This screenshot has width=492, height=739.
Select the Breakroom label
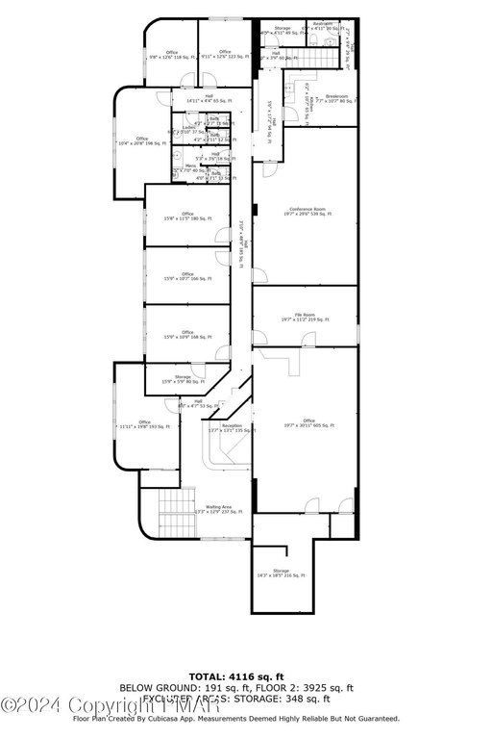point(336,98)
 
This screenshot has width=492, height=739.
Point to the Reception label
point(232,426)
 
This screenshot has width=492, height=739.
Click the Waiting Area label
point(217,508)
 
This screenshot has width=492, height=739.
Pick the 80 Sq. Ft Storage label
point(183,379)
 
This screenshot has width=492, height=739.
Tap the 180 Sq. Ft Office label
point(187,217)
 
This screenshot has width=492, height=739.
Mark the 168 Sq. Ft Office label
point(187,335)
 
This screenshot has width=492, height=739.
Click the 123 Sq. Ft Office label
point(225,55)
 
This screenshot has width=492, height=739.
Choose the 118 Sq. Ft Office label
point(172,55)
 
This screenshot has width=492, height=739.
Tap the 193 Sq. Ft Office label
point(144,424)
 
